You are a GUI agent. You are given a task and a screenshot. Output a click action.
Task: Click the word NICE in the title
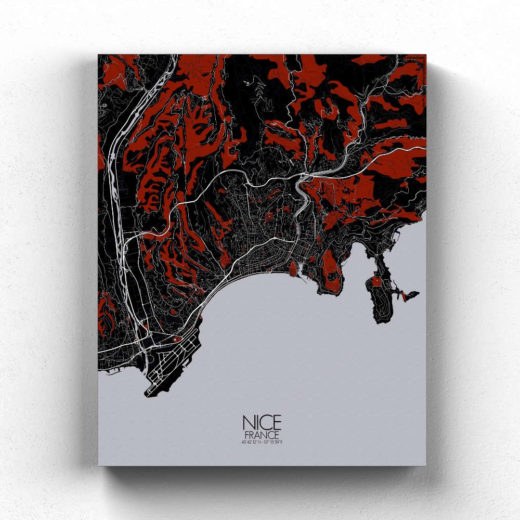tap(261, 423)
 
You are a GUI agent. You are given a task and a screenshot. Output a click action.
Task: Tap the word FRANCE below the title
tap(261, 435)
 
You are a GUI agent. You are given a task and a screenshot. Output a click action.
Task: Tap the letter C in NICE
tap(265, 423)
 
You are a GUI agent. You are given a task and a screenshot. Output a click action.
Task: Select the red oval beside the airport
tap(175, 339)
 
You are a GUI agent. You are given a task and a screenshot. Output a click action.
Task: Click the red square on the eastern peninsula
tap(375, 282)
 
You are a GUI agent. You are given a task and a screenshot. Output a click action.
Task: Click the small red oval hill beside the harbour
tap(293, 268)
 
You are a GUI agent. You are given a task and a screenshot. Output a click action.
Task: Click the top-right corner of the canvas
tap(425, 55)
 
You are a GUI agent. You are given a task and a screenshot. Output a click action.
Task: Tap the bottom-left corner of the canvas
tap(99, 464)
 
